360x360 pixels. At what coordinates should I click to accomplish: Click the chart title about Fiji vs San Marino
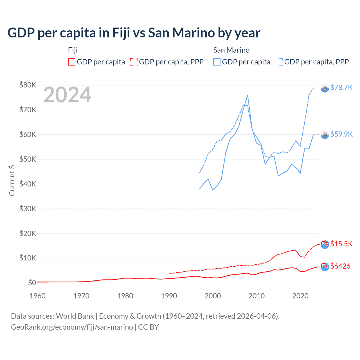[x=134, y=33]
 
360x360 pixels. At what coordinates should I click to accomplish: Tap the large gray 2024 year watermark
[x=67, y=95]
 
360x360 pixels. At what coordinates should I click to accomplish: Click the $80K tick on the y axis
[x=28, y=85]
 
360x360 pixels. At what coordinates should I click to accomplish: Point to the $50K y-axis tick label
[x=28, y=159]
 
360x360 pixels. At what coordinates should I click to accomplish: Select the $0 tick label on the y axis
[x=32, y=283]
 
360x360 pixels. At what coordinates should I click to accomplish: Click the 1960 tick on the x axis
[x=37, y=296]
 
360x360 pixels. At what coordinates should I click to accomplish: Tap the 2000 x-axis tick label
[x=213, y=296]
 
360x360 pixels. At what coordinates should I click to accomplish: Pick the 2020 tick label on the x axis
[x=300, y=296]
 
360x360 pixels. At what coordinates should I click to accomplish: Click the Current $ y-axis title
[x=12, y=180]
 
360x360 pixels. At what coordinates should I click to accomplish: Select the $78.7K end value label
[x=341, y=88]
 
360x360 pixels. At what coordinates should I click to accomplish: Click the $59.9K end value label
[x=341, y=134]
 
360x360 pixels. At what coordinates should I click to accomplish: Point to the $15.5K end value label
[x=341, y=244]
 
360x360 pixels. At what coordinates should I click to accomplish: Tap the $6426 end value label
[x=340, y=266]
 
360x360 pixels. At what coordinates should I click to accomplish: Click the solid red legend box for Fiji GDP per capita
[x=72, y=62]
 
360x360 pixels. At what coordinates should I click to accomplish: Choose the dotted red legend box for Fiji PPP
[x=134, y=62]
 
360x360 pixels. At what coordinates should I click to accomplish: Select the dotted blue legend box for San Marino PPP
[x=279, y=62]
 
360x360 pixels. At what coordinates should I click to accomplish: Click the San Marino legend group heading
[x=231, y=50]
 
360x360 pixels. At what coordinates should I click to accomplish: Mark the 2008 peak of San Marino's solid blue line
[x=247, y=95]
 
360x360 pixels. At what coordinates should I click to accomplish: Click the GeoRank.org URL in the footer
[x=72, y=327]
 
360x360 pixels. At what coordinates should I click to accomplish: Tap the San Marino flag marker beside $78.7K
[x=325, y=88]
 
